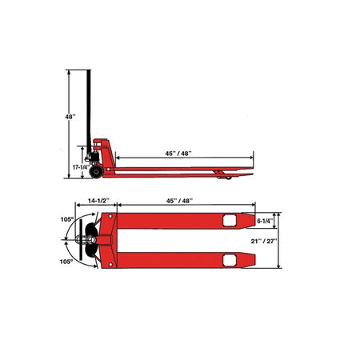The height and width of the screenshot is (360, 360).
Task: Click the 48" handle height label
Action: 70,117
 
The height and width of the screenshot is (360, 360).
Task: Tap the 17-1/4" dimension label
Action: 80,167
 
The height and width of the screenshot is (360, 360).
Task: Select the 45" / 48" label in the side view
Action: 178,154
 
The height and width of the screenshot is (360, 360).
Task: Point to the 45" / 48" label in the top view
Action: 179,201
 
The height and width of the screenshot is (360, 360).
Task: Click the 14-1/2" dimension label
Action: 99,201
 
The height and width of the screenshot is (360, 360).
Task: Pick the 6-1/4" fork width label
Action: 265,221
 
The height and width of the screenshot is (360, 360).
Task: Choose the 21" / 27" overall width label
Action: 264,241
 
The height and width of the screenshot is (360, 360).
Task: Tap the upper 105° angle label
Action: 66,219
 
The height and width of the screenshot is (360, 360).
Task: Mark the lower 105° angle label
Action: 66,262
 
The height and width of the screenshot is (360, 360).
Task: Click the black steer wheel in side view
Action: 96,172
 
